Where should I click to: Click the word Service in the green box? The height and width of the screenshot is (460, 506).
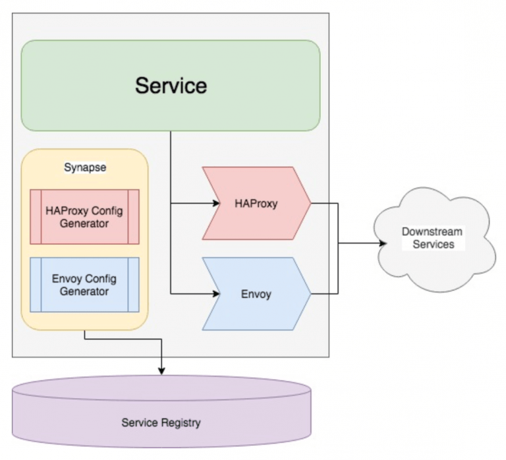click(x=171, y=85)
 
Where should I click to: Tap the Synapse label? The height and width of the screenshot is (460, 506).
click(x=85, y=167)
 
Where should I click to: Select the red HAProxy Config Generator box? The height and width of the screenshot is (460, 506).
click(x=84, y=217)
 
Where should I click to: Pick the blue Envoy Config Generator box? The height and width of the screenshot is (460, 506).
click(x=84, y=284)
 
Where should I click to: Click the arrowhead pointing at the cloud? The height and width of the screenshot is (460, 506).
click(x=382, y=244)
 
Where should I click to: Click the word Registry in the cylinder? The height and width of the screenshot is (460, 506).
click(x=181, y=422)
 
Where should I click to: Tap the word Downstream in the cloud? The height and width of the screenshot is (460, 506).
click(x=432, y=232)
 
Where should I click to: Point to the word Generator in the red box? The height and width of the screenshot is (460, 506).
click(x=84, y=224)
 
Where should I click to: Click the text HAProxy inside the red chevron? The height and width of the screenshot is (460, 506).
click(x=256, y=204)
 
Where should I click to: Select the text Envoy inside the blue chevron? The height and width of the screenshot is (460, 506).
click(x=256, y=294)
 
